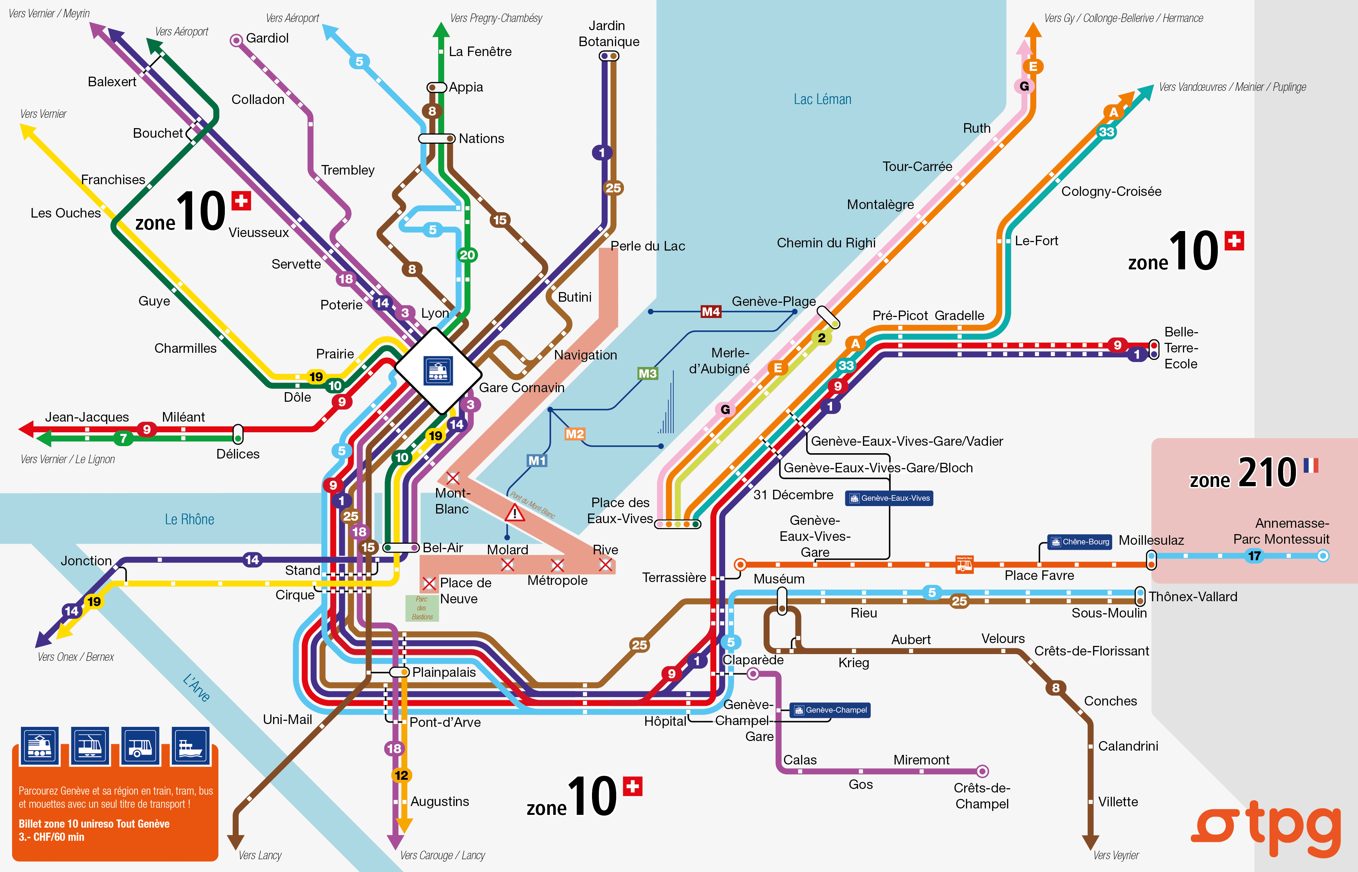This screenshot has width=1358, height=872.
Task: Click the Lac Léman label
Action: [x=822, y=100]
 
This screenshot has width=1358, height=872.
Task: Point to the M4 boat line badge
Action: [x=711, y=312]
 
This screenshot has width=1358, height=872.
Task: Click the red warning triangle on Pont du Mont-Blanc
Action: [x=515, y=513]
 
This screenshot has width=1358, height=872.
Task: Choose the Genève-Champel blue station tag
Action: [x=831, y=710]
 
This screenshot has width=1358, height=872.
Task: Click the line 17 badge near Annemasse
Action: [x=1254, y=556]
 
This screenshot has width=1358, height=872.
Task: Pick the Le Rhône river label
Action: [x=189, y=519]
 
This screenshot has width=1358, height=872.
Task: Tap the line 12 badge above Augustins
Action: [x=401, y=775]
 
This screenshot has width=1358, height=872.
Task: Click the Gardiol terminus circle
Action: [x=236, y=40]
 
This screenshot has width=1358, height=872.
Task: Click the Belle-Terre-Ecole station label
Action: [x=1181, y=348]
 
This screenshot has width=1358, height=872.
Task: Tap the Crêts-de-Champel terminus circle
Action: [x=982, y=771]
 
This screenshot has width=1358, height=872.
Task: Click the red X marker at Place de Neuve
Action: [x=429, y=583]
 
